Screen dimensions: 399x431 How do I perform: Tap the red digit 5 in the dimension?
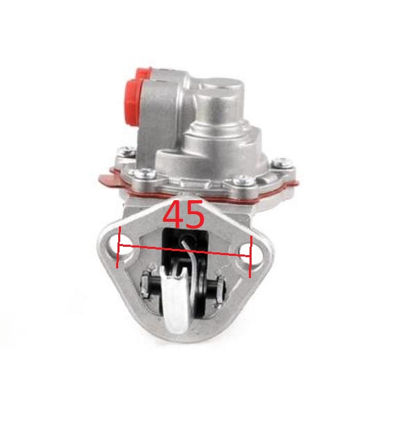[195, 215]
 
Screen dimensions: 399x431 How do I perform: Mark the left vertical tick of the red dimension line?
[118, 247]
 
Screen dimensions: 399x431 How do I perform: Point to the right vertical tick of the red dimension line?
[250, 257]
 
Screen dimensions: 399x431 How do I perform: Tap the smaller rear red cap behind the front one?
[143, 73]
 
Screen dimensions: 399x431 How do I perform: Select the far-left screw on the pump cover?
[126, 151]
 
